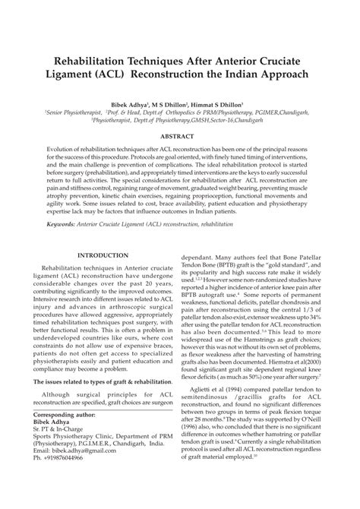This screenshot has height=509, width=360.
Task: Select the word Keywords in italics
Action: (66, 226)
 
